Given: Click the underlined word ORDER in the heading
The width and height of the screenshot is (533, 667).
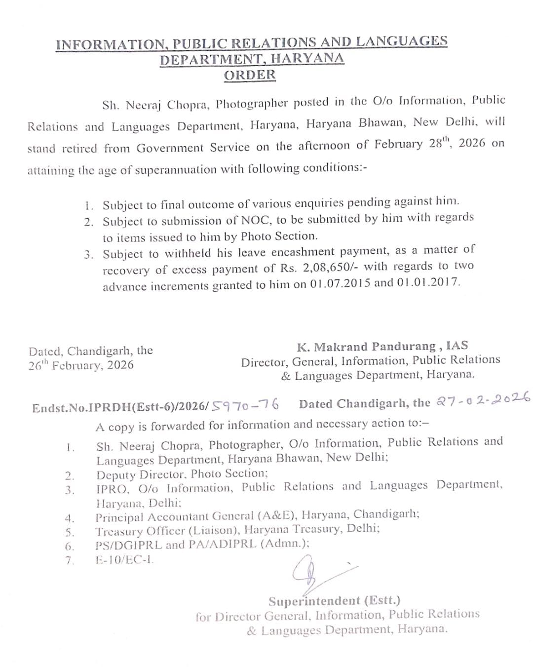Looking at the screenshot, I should [250, 75].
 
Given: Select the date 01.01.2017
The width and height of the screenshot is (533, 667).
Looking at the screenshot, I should [428, 283].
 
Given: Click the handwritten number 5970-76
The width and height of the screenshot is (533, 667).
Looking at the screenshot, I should [246, 405].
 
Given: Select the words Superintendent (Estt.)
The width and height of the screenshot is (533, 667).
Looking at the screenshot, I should [334, 601].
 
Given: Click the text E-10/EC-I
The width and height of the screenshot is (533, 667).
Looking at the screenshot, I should [125, 560].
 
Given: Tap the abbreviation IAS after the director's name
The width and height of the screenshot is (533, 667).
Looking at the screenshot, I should [457, 346].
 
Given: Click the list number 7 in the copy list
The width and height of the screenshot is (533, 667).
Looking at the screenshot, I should [70, 560].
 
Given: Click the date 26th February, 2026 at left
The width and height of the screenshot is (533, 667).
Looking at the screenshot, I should [81, 365].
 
